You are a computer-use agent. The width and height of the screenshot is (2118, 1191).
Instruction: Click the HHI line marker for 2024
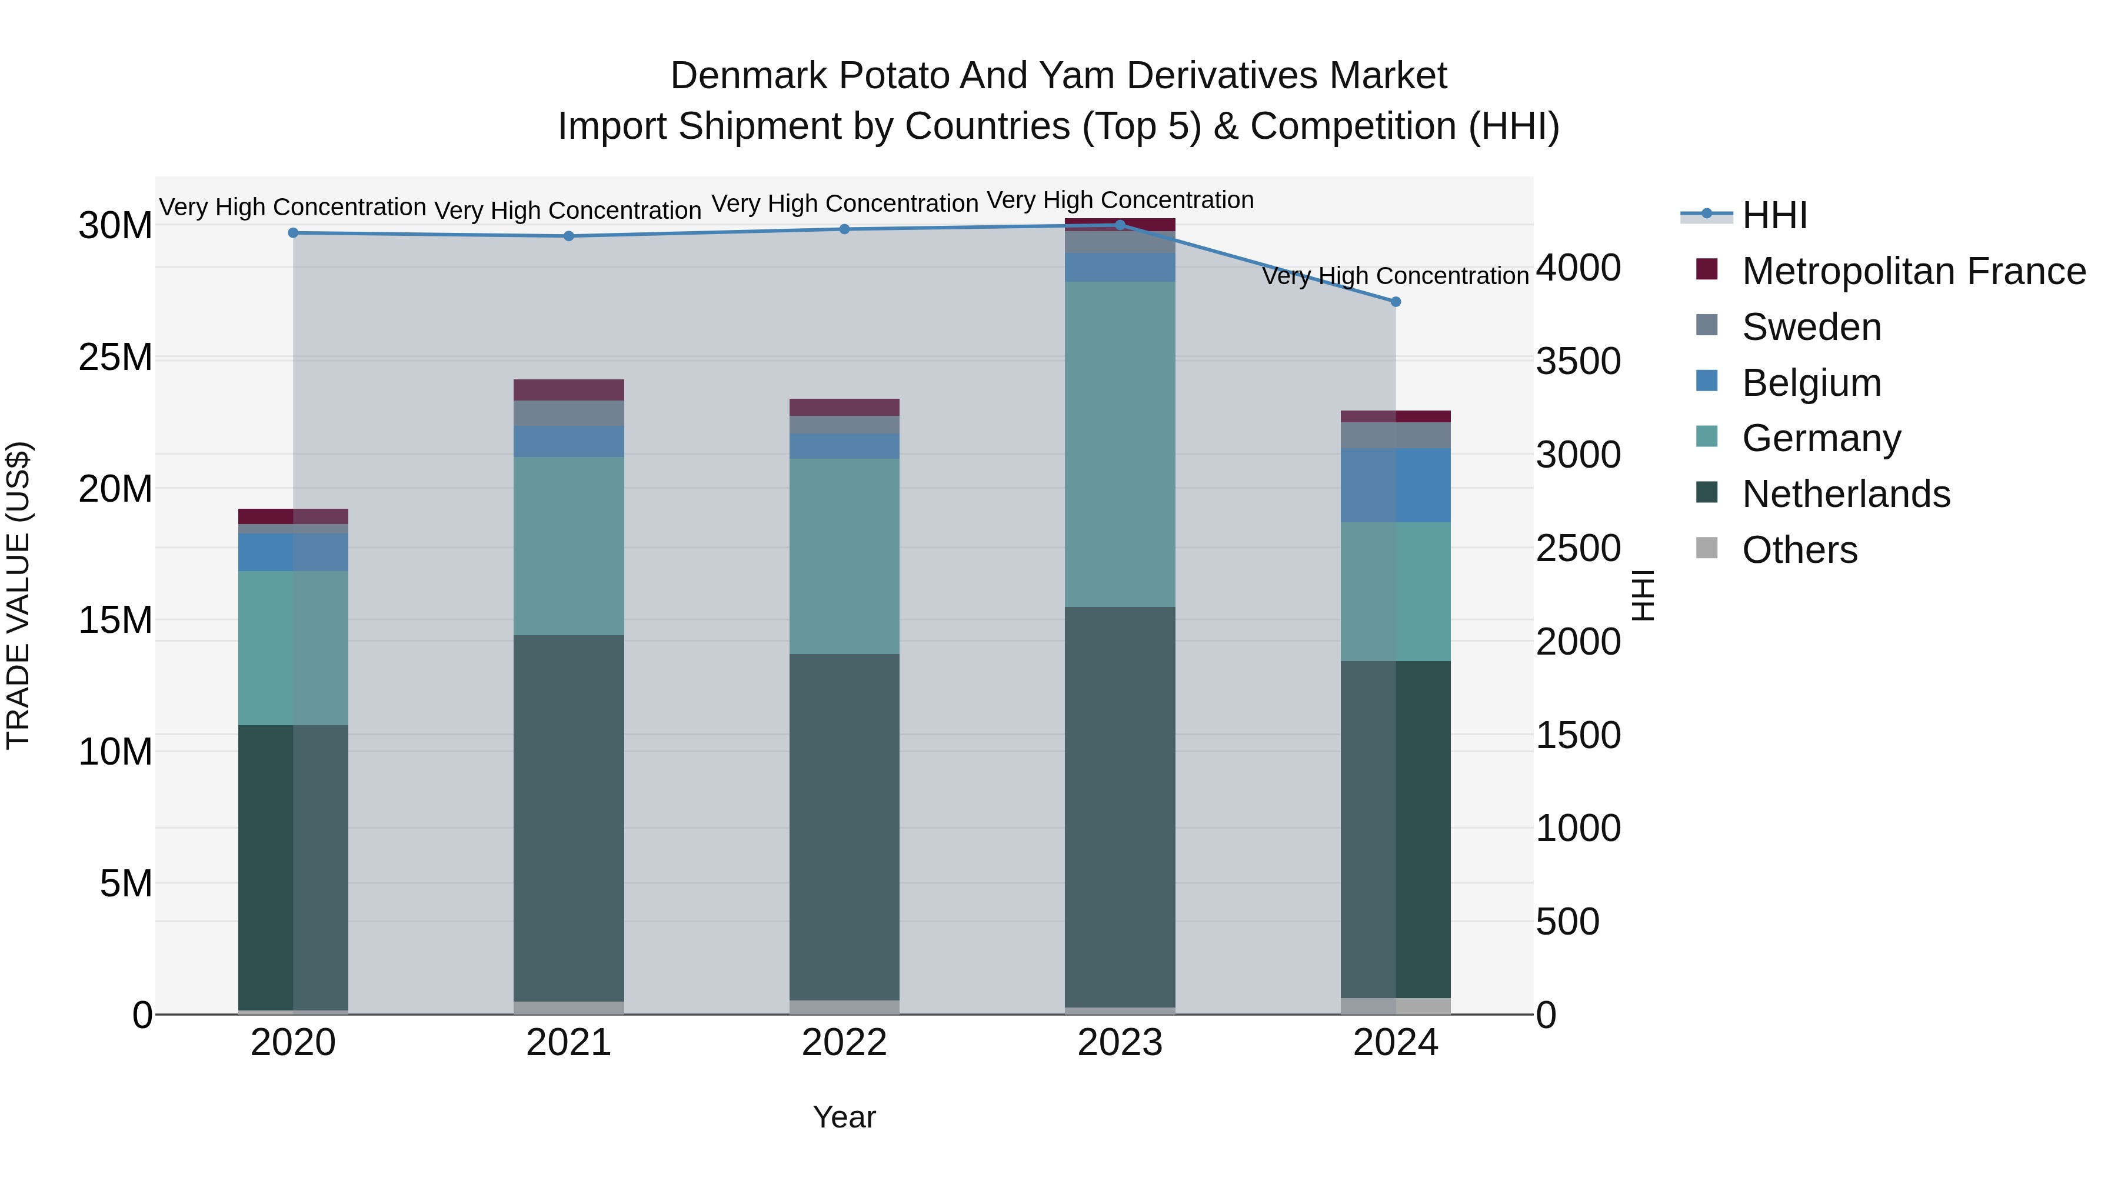pyautogui.click(x=1396, y=302)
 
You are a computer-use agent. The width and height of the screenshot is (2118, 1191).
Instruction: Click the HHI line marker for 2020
pyautogui.click(x=294, y=232)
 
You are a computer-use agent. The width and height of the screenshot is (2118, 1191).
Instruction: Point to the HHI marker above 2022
pyautogui.click(x=844, y=229)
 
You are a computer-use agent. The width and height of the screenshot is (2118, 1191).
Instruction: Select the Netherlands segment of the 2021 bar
pyautogui.click(x=569, y=818)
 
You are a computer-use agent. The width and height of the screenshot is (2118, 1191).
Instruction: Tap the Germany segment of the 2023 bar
pyautogui.click(x=1120, y=444)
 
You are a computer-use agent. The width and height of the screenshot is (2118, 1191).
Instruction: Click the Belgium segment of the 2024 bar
pyautogui.click(x=1396, y=485)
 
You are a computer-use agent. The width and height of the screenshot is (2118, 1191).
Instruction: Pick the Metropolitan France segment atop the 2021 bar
pyautogui.click(x=569, y=389)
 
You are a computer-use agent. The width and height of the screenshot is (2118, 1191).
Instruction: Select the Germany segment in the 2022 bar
pyautogui.click(x=844, y=556)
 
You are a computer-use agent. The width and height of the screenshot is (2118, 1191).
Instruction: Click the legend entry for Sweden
pyautogui.click(x=1811, y=327)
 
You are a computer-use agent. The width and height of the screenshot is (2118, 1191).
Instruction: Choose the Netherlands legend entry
pyautogui.click(x=1846, y=494)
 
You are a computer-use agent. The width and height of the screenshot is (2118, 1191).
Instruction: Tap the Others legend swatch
pyautogui.click(x=1707, y=548)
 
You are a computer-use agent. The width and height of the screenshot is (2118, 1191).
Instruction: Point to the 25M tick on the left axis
pyautogui.click(x=115, y=358)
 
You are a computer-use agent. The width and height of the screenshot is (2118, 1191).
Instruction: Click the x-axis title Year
pyautogui.click(x=844, y=1117)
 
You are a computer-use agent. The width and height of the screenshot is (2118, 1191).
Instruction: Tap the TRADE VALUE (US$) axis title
pyautogui.click(x=18, y=595)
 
